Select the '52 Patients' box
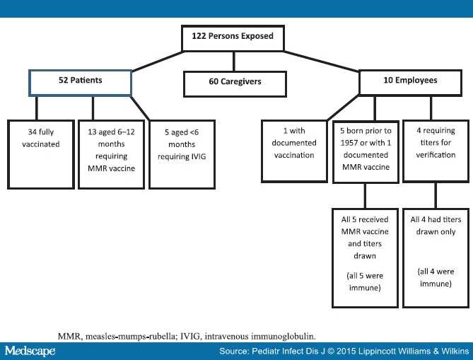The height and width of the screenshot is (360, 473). pos(80,81)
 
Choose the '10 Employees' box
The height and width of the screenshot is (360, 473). pos(407,81)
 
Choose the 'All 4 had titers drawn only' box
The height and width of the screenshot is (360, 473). pos(435,257)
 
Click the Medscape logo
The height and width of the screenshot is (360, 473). pos(30,351)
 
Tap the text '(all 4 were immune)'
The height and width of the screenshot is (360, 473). pos(435,278)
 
